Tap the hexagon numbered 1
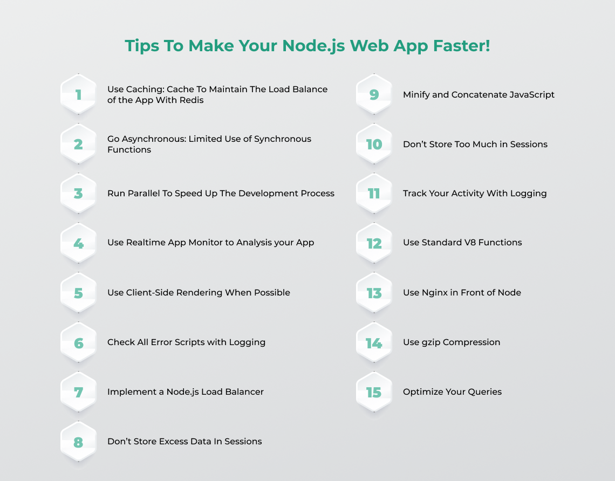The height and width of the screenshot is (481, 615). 78,94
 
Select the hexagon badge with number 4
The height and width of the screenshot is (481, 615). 78,243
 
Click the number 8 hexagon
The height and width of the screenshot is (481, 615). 78,442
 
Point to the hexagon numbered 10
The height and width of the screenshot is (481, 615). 374,144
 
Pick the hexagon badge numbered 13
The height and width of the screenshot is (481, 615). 374,293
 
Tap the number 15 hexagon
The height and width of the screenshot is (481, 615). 374,392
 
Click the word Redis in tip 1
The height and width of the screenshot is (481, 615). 192,100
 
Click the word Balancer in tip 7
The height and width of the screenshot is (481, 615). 247,391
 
